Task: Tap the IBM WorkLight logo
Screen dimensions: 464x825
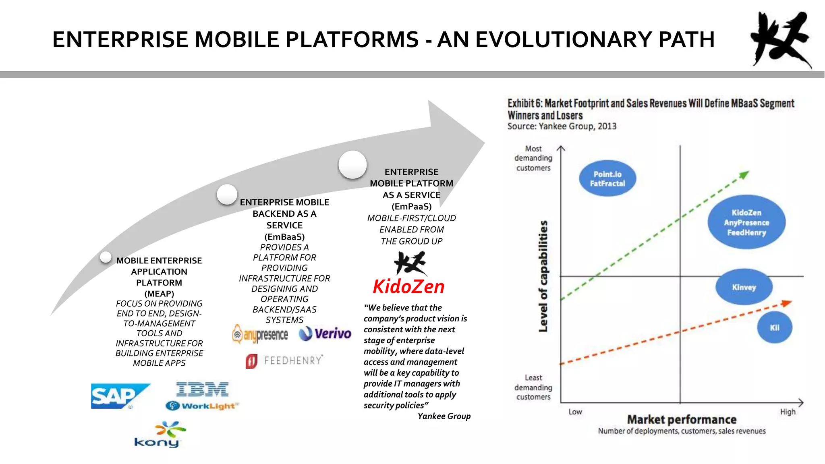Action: (202, 396)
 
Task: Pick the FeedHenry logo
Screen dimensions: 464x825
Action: (284, 360)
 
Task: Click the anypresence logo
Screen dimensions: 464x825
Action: (260, 334)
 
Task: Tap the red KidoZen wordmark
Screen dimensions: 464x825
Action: (408, 287)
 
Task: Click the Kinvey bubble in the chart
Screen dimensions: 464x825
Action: (744, 287)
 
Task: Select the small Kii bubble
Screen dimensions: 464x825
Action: (774, 327)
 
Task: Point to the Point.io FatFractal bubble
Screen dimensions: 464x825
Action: (607, 179)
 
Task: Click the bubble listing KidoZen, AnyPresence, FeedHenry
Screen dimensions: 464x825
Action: (746, 222)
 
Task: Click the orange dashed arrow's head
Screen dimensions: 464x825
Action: (786, 303)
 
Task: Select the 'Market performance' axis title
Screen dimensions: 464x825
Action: (682, 420)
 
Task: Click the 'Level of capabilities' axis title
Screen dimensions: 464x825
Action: (543, 276)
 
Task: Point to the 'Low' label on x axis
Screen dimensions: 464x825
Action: (575, 412)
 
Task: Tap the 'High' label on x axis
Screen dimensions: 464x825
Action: (788, 412)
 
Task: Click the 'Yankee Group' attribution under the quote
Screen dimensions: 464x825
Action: (444, 416)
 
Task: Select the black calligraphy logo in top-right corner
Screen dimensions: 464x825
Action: (780, 39)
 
